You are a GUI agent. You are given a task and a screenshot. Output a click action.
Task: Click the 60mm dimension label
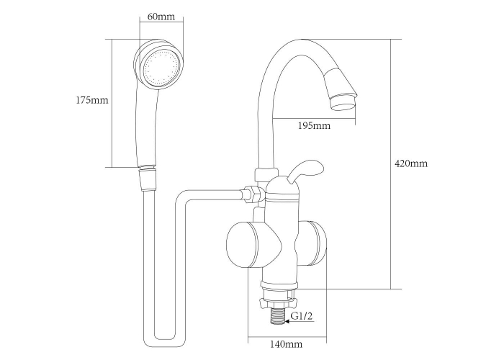(x=161, y=17)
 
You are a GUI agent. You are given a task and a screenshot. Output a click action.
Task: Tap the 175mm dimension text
(x=92, y=100)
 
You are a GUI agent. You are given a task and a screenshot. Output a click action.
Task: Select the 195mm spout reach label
(x=314, y=125)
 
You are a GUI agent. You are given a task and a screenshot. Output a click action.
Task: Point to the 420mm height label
(x=411, y=163)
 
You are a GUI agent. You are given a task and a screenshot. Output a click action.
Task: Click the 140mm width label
(x=286, y=344)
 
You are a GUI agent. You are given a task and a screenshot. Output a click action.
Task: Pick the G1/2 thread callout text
(x=302, y=316)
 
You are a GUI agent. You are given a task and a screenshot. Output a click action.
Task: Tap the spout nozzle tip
(x=344, y=102)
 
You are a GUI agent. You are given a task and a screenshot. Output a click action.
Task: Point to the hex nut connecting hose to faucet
(x=254, y=194)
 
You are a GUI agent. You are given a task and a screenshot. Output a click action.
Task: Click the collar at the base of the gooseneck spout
(x=266, y=175)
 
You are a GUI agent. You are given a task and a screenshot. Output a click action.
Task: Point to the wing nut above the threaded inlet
(x=279, y=302)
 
